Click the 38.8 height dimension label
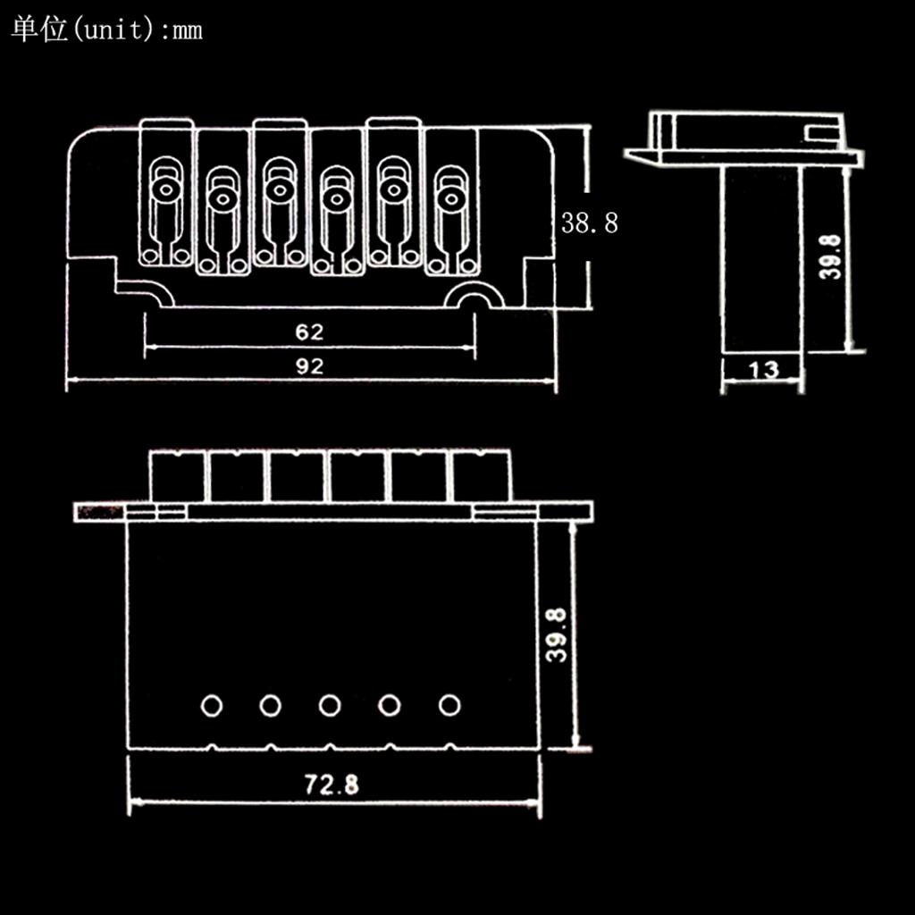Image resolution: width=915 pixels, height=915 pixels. tap(589, 222)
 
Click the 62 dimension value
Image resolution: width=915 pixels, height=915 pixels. tap(309, 332)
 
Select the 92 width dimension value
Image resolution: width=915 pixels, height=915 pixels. tap(309, 365)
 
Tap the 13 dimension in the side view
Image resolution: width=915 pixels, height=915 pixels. tap(763, 369)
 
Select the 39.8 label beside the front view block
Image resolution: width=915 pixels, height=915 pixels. tap(557, 636)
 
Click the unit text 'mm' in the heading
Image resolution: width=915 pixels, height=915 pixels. tap(187, 30)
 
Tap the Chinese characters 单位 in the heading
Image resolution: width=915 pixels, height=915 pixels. tap(39, 29)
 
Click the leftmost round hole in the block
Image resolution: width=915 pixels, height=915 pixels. tap(211, 706)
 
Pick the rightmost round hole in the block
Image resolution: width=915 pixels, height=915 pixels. tap(449, 706)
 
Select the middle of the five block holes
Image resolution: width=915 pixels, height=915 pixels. tap(330, 706)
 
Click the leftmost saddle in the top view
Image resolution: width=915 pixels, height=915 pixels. tap(166, 192)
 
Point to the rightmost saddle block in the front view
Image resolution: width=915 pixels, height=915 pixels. tap(482, 476)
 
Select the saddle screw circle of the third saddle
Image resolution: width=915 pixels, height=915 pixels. tap(279, 189)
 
